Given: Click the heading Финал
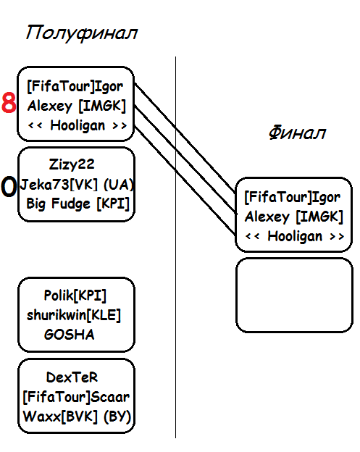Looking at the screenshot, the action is (297, 133).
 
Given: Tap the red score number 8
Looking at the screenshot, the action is (9, 103).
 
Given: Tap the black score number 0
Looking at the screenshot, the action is (9, 186).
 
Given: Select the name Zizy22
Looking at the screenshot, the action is (72, 164).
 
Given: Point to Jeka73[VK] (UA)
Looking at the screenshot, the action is (77, 184).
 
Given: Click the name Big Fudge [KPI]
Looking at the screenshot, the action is (78, 204).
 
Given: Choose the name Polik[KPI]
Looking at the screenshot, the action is (75, 296).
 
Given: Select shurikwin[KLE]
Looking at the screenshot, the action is (74, 315).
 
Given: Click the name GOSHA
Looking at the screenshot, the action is (70, 335).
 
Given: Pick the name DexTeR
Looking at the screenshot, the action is (72, 377).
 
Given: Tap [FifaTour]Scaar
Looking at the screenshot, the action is (76, 397).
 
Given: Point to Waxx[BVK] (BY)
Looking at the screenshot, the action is (77, 417).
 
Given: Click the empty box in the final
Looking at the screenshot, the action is (294, 296).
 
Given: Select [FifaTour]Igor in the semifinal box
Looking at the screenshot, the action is (75, 86).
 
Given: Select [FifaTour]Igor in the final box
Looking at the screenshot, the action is (293, 197).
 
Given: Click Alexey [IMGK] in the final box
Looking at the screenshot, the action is (294, 217).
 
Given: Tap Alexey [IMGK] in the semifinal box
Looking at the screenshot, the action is (77, 106).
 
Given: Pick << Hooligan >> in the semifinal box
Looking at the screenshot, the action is (78, 126).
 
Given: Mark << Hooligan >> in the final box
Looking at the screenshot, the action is (295, 236).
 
